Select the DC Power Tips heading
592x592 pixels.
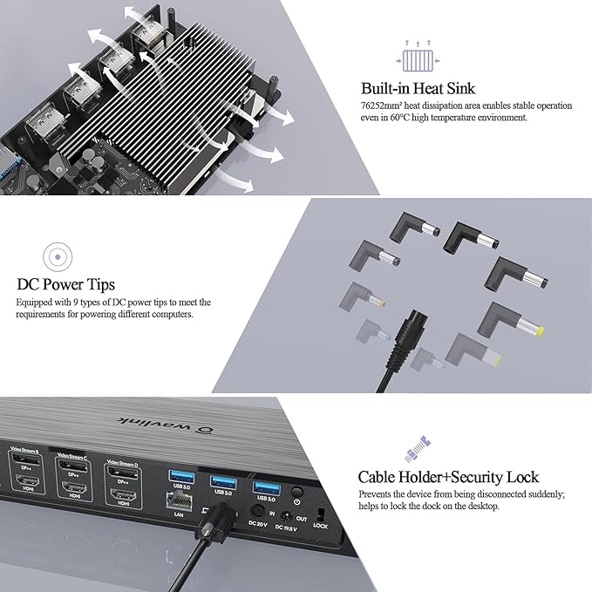pos(65,284)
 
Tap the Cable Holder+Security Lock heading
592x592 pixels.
pos(448,477)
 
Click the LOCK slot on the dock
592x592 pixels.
pos(321,512)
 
